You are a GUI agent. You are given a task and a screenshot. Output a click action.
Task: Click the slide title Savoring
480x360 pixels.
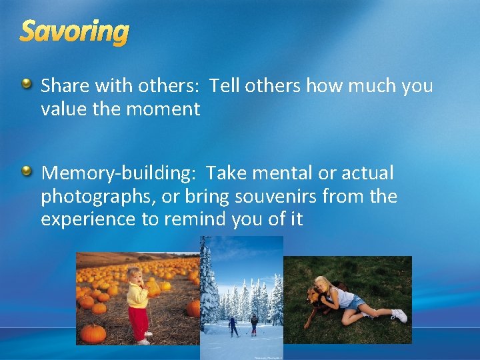coord(74,31)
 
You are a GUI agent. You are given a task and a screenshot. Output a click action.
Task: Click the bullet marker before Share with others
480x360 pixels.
coord(26,84)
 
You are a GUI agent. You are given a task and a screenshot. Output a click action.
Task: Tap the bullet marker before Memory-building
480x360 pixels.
coord(26,172)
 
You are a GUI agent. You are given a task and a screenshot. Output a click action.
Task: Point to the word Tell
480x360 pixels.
coord(225,86)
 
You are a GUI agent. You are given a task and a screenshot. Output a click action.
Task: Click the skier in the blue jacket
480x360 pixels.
coord(233,324)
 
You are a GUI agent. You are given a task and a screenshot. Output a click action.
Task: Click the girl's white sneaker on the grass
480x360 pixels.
coord(399,315)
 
